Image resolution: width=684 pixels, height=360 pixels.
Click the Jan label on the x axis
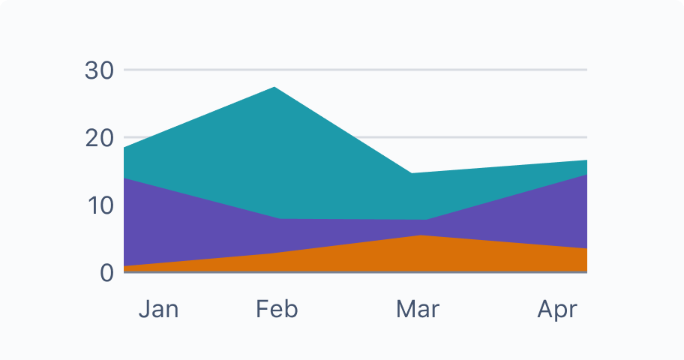pos(158,309)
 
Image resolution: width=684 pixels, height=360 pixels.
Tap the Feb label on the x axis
pos(277,309)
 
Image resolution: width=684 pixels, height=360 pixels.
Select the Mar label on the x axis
pos(418,309)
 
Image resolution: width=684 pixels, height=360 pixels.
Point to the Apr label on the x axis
pos(557,309)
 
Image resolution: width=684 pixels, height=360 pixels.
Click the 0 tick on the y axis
pos(107,272)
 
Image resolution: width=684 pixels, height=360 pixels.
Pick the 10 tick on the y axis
pos(100,205)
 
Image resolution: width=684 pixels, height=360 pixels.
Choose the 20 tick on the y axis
pos(100,138)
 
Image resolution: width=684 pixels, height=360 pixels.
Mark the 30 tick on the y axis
pos(100,70)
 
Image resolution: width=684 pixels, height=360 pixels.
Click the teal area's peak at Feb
pos(275,88)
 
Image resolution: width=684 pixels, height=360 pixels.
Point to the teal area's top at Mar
pos(412,173)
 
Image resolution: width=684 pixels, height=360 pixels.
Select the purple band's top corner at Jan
pos(125,178)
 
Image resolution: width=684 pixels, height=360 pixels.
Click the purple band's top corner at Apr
pos(586,175)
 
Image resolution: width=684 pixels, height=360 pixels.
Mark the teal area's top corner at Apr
pos(586,160)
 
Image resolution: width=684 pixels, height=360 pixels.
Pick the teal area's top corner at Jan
pos(125,148)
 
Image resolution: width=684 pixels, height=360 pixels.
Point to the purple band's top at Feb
pos(279,218)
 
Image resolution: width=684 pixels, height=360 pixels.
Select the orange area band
pos(420,255)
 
